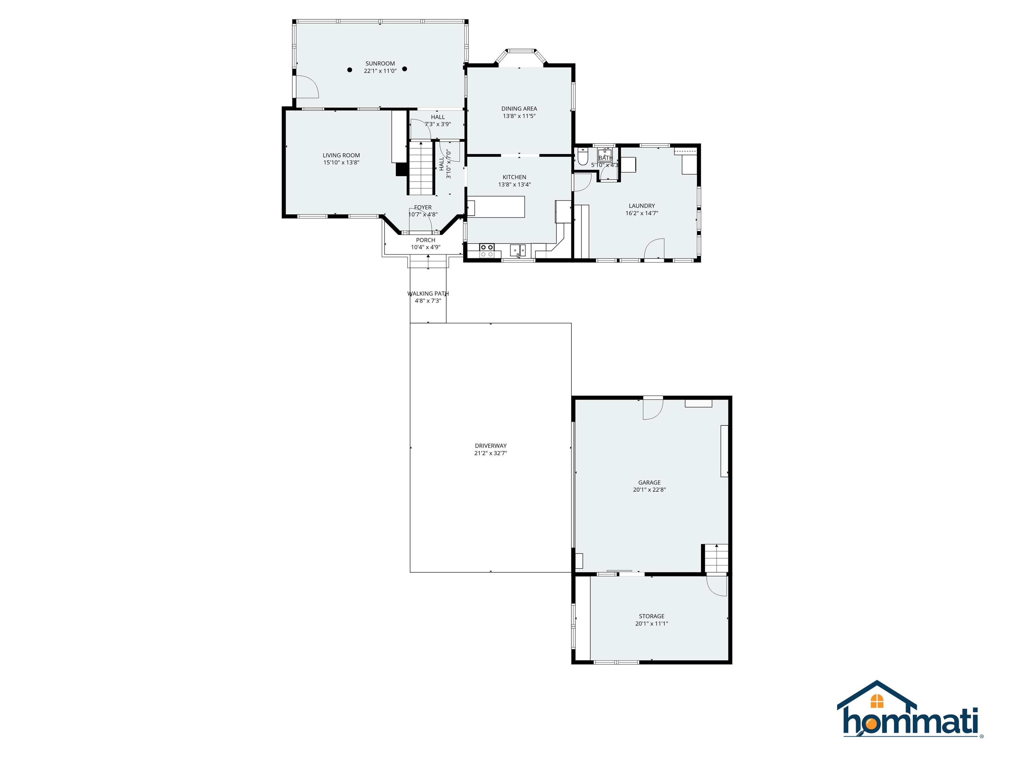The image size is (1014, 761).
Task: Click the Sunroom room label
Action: (380, 64)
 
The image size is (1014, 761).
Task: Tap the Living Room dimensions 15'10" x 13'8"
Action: (341, 163)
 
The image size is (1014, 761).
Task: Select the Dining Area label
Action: (519, 109)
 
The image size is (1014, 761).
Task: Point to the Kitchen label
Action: (514, 177)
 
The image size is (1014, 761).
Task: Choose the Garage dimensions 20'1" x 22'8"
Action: (649, 490)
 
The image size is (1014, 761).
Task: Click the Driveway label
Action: (490, 446)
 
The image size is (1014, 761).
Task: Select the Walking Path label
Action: (428, 294)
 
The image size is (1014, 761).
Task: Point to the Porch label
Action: (425, 240)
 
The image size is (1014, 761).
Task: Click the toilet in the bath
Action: (583, 157)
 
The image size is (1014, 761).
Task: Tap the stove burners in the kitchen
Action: (487, 250)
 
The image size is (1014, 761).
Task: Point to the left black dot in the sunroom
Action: (350, 70)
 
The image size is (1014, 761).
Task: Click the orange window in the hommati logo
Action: (877, 701)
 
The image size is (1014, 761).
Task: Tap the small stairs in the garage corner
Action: (716, 558)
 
